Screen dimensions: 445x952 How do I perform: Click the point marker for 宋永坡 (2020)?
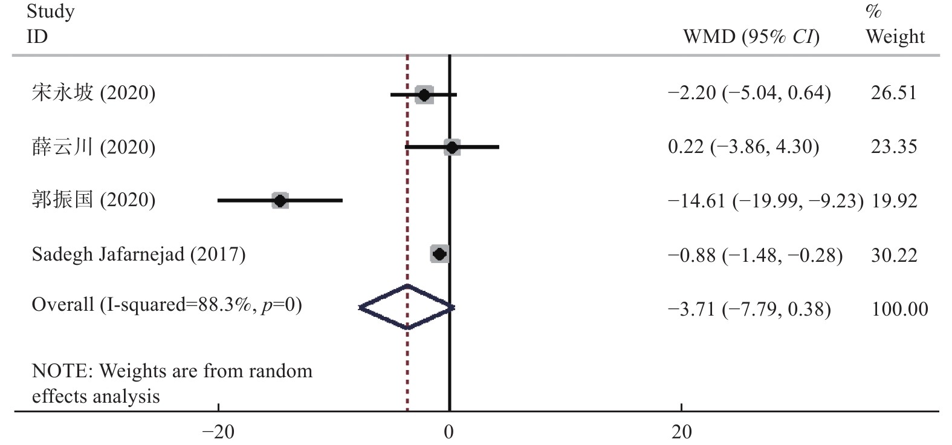point(424,95)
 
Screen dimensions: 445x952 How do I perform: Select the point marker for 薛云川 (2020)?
point(452,147)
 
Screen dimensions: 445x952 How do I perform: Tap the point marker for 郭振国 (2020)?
point(280,200)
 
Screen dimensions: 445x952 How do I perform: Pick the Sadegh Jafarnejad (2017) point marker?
point(439,254)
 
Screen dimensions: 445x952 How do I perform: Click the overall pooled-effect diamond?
point(407,307)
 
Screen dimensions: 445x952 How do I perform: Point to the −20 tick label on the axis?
point(218,432)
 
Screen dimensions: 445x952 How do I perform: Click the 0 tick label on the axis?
point(449,432)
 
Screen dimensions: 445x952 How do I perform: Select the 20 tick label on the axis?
point(681,432)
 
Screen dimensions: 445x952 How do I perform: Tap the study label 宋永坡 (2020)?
point(94,93)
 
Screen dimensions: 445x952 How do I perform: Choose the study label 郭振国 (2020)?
point(94,200)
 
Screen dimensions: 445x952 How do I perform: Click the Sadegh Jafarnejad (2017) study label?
point(138,254)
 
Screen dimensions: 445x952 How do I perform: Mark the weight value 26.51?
point(893,93)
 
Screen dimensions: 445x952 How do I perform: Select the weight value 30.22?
point(893,255)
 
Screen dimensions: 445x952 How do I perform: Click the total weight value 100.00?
point(899,310)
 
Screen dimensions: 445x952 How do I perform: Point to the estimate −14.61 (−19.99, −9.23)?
point(765,201)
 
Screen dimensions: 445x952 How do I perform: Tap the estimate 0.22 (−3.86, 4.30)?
point(743,147)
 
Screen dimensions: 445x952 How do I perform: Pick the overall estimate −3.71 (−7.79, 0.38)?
point(749,310)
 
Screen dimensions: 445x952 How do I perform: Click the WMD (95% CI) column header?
point(751,37)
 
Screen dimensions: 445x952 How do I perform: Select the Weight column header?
point(895,36)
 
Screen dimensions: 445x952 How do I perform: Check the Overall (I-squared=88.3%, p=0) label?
point(167,304)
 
